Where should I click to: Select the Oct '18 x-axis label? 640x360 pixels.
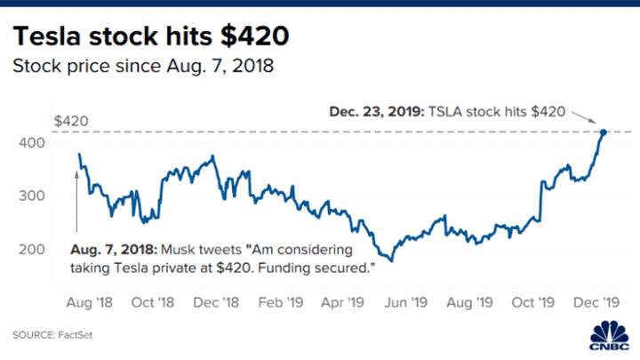(153, 302)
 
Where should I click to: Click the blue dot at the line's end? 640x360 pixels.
(604, 132)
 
